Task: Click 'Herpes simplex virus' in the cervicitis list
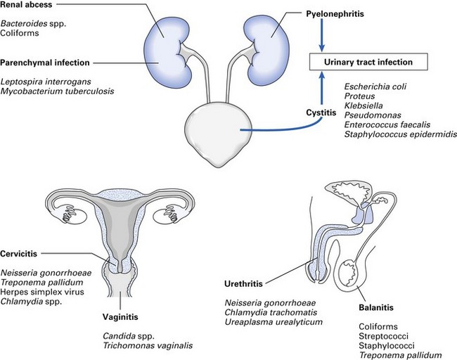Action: pos(41,292)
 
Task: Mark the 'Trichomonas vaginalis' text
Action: pos(146,345)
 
